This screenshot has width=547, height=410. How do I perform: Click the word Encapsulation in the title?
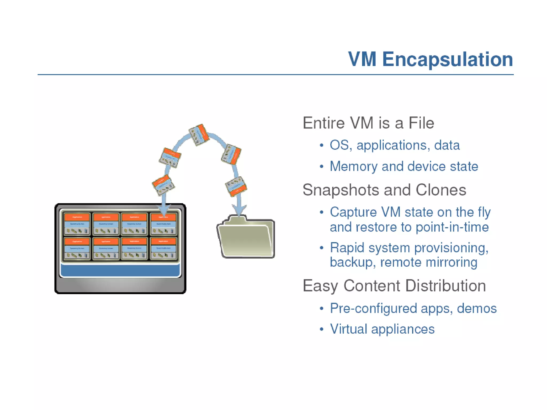coord(448,59)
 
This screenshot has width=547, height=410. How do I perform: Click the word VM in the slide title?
coord(362,59)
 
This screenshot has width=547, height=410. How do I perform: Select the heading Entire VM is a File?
coord(368,123)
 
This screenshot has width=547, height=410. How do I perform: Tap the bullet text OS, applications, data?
coord(394,145)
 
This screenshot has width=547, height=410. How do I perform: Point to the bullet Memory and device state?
coord(404,167)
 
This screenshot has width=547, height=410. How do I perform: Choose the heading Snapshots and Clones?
coord(384,190)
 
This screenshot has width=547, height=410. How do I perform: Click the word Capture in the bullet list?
coord(353,212)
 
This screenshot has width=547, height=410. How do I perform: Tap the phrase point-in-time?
coord(452,227)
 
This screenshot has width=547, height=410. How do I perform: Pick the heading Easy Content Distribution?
coord(394,286)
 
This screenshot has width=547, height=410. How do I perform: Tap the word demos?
coord(476,309)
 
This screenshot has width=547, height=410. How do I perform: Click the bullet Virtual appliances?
coord(382,329)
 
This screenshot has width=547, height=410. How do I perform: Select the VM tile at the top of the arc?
coord(199,135)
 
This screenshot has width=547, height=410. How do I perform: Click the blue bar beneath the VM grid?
coord(120,270)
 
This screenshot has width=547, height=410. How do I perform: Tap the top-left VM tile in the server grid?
coord(77,224)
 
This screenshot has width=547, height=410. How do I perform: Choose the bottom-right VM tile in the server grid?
coord(163,248)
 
